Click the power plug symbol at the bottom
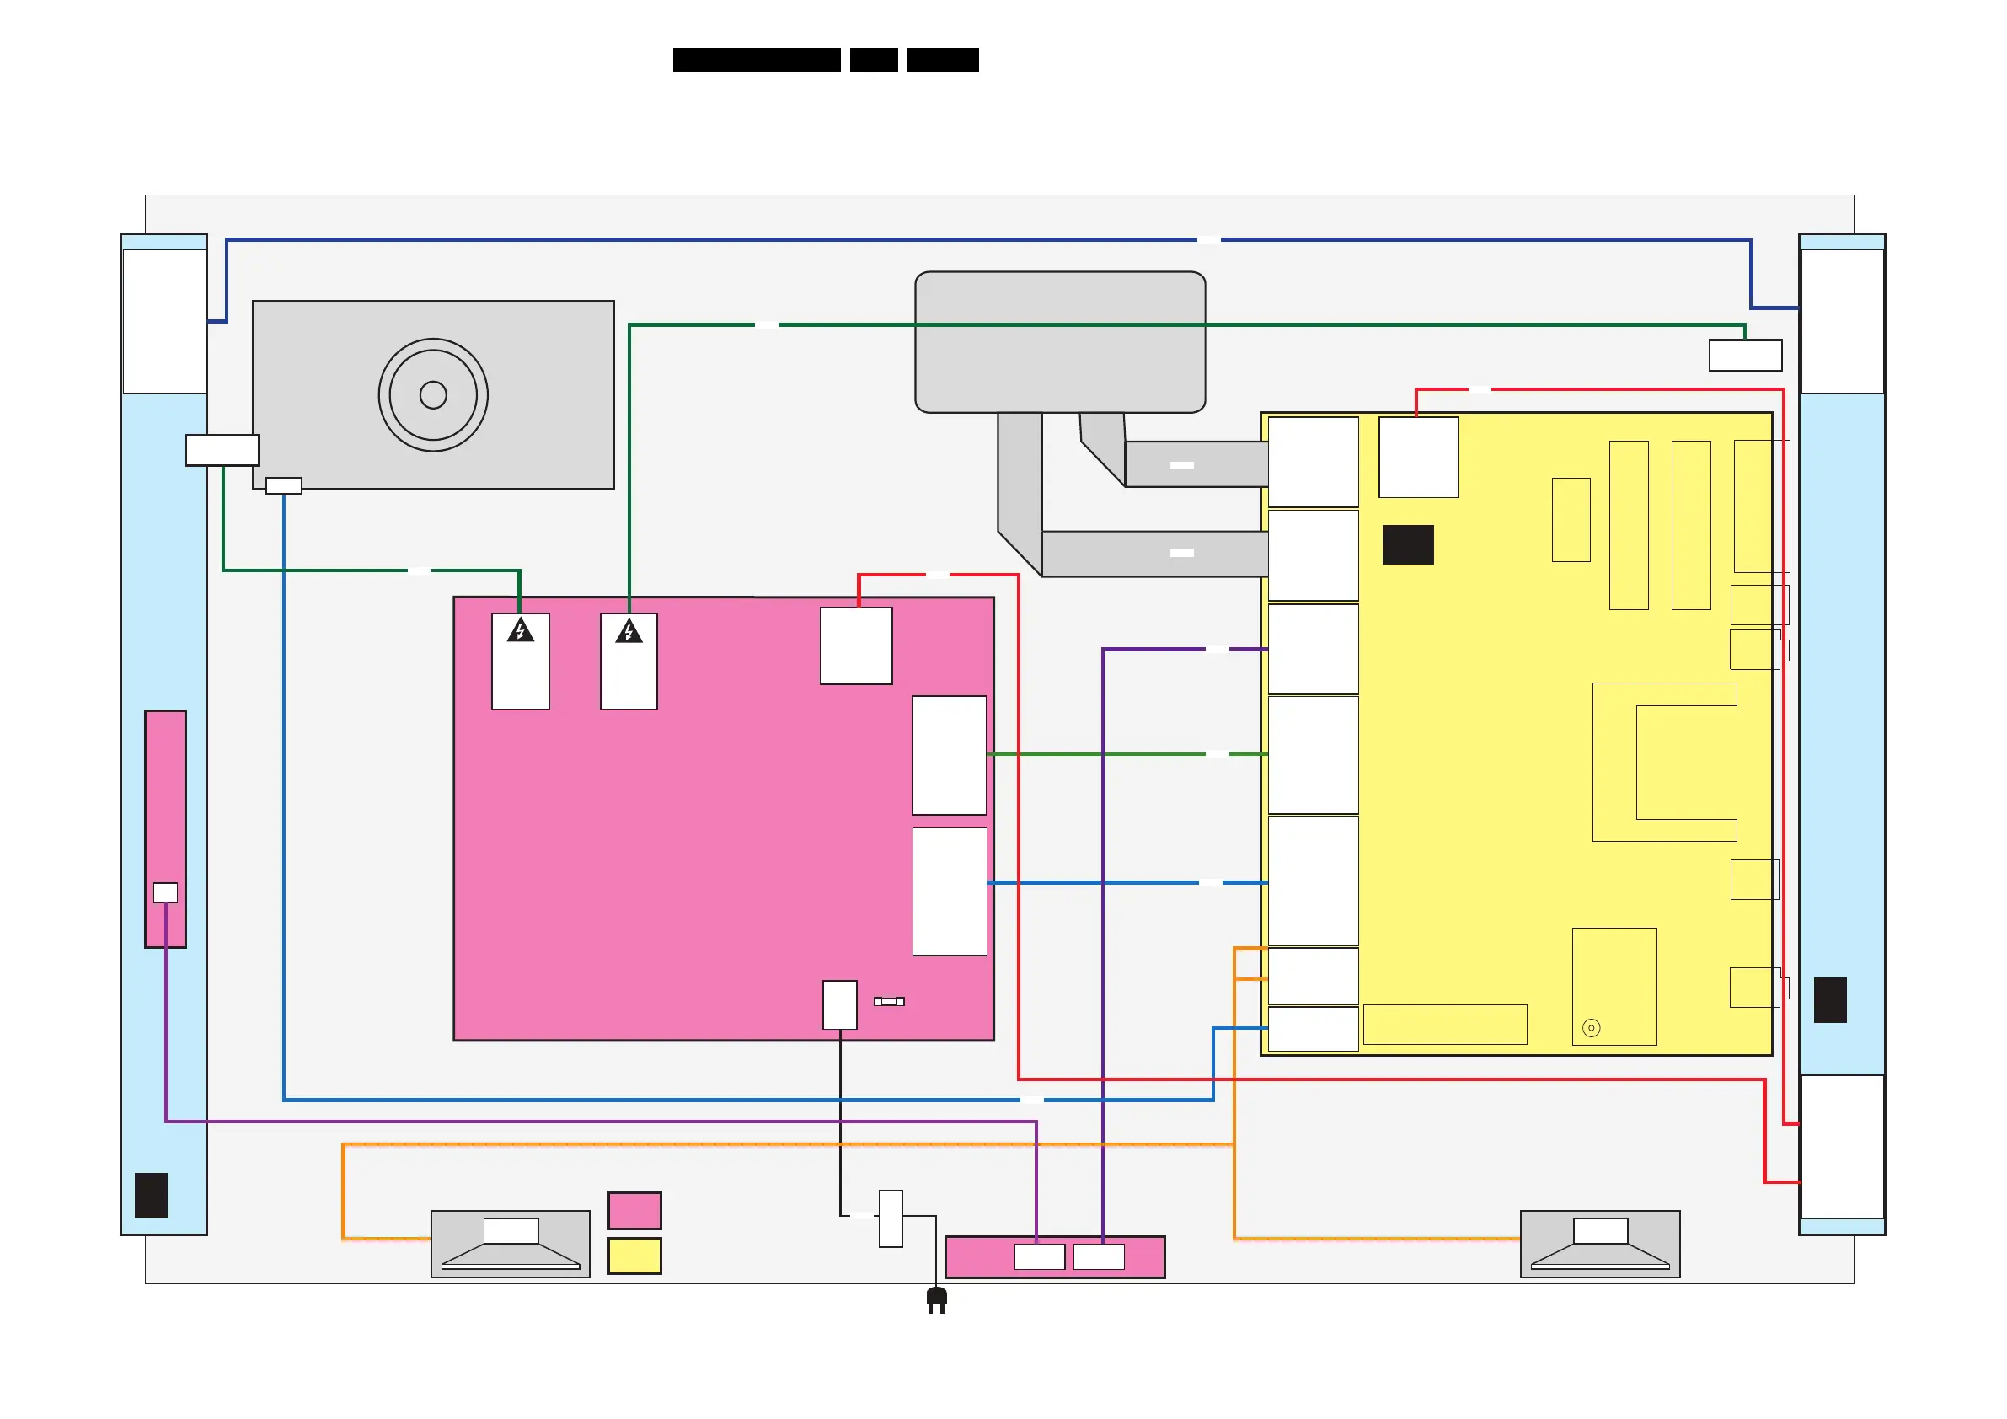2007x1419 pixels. pos(936,1299)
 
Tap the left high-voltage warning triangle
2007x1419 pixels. pos(520,630)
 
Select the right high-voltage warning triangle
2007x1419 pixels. pos(629,631)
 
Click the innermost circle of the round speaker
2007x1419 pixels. pos(433,395)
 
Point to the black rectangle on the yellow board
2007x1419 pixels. pos(1407,544)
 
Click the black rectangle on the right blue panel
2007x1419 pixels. pos(1829,1000)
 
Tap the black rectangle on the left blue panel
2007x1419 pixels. pos(150,1195)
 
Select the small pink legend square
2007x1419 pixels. pos(634,1211)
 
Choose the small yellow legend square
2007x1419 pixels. pos(634,1256)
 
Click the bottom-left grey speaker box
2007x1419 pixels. pos(511,1244)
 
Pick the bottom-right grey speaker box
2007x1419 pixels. pos(1600,1244)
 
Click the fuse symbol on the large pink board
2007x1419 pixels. pos(889,1002)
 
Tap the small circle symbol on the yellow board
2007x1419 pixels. pos(1591,1028)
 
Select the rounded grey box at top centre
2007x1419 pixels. pos(1059,342)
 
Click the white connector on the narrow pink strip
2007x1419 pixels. pos(165,892)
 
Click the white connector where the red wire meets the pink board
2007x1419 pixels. pos(856,646)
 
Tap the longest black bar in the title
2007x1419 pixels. pos(756,60)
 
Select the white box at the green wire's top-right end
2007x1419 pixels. pos(1745,356)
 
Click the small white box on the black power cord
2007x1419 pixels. pos(891,1218)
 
